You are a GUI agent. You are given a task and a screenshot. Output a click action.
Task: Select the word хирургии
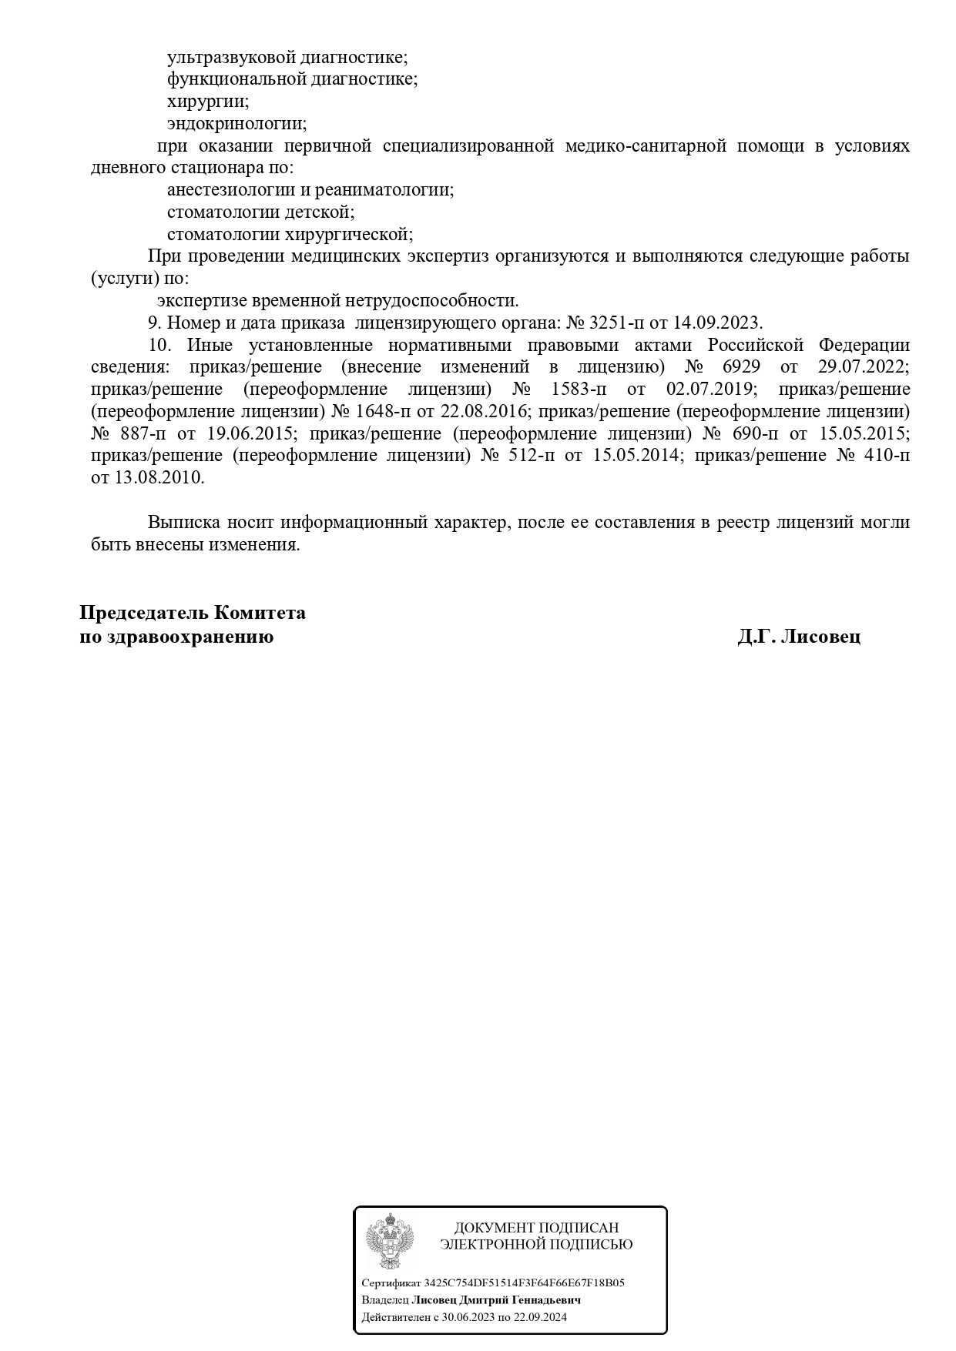point(208,102)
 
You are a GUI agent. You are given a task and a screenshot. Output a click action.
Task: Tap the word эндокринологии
point(236,124)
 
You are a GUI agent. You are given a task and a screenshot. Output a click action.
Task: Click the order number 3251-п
point(618,323)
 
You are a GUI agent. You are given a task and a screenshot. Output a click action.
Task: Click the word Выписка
point(183,523)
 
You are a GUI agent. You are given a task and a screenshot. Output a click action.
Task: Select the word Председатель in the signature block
point(144,614)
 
